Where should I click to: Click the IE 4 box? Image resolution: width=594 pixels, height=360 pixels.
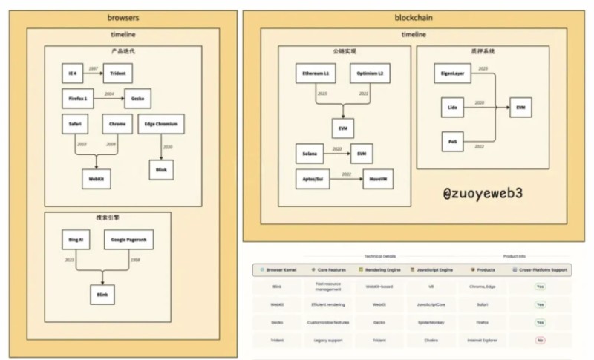click(x=72, y=73)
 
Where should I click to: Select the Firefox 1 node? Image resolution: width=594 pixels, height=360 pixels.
click(x=77, y=98)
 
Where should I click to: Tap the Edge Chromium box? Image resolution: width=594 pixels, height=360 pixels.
click(x=160, y=124)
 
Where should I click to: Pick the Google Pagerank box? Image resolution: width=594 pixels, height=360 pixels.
click(x=128, y=240)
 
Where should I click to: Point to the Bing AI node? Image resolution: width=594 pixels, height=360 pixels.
click(x=76, y=240)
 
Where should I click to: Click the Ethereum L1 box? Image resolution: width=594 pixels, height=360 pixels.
click(x=314, y=74)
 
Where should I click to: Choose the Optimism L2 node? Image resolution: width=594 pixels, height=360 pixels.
click(x=370, y=74)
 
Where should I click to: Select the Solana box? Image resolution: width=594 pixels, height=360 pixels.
click(x=310, y=154)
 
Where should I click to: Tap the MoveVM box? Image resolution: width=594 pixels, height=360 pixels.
click(x=377, y=179)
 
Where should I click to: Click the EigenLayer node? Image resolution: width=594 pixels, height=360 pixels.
click(x=454, y=74)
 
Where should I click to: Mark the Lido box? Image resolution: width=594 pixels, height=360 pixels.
click(x=452, y=108)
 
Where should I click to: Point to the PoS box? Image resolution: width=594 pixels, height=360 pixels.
click(x=452, y=140)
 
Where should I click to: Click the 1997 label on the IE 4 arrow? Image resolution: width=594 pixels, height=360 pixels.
click(x=94, y=68)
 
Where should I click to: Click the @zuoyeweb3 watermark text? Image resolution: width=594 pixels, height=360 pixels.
click(x=483, y=193)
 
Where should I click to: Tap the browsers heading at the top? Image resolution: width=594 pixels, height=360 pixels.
click(x=123, y=16)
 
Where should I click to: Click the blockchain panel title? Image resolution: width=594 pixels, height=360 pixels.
click(x=414, y=16)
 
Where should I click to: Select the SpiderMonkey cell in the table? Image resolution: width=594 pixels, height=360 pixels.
click(x=422, y=322)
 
